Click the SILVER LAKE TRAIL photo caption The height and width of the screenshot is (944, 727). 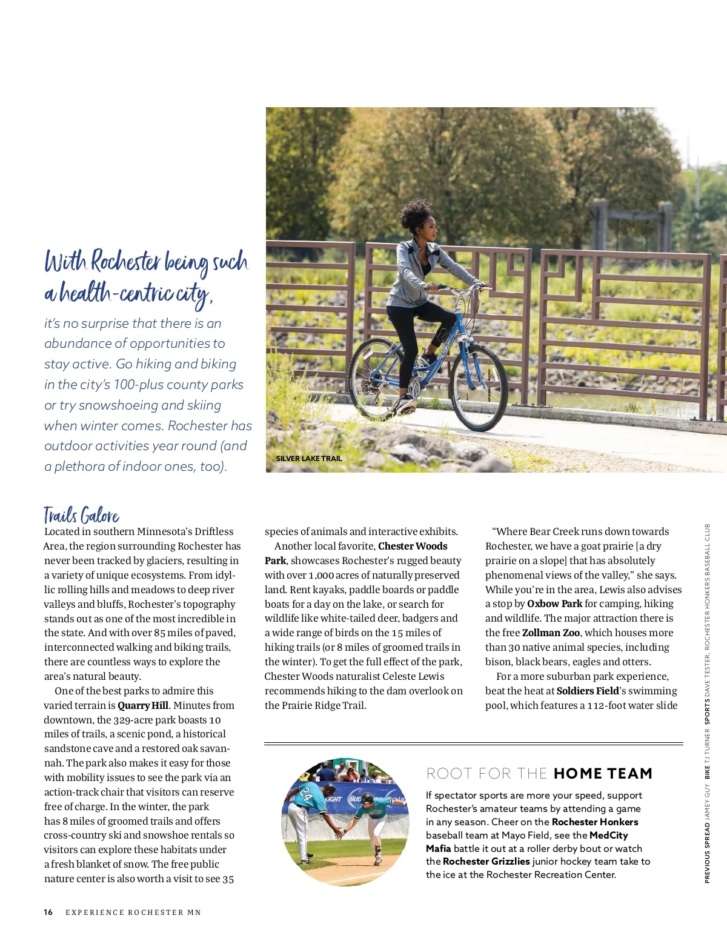coord(309,459)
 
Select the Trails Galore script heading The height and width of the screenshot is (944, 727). coord(81,516)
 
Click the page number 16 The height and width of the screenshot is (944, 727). coord(48,912)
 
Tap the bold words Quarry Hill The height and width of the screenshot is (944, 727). coord(143,705)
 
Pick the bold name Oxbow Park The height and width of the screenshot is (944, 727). coord(554,603)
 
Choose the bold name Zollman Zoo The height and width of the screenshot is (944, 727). coord(551,633)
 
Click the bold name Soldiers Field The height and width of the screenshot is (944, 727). coord(588,691)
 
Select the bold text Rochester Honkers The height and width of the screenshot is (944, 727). coord(595,822)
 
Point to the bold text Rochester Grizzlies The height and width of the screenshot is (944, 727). coord(486,862)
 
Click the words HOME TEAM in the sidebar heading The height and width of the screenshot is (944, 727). coord(603,774)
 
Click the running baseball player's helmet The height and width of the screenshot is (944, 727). coord(367,797)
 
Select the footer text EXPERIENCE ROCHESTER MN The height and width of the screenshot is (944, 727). coord(133,912)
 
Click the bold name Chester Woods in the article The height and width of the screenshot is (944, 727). coord(413,546)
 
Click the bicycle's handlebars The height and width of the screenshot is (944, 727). coord(460,287)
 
